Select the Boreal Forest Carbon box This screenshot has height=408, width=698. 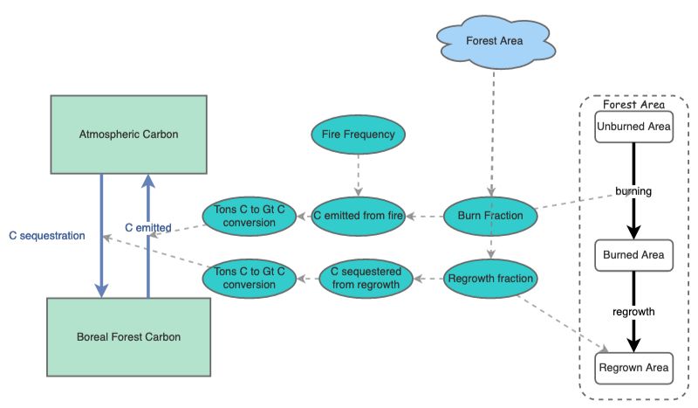(129, 335)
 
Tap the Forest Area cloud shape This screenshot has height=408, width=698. (495, 41)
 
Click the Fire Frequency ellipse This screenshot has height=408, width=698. (359, 135)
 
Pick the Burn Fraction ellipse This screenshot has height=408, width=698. (489, 215)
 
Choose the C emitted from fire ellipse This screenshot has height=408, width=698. (358, 215)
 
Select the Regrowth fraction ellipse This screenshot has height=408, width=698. (489, 280)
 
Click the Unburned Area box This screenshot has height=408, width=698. (634, 127)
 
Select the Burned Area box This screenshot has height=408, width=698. (634, 256)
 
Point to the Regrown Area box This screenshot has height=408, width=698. (634, 368)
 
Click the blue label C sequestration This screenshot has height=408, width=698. (47, 236)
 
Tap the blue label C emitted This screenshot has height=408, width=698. (147, 228)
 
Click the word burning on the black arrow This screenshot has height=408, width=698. (633, 190)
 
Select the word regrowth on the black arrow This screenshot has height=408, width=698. (633, 311)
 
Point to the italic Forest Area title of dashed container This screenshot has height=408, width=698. (633, 104)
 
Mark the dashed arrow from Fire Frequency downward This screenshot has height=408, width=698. (358, 176)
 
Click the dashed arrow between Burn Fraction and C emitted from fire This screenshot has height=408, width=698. (425, 216)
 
